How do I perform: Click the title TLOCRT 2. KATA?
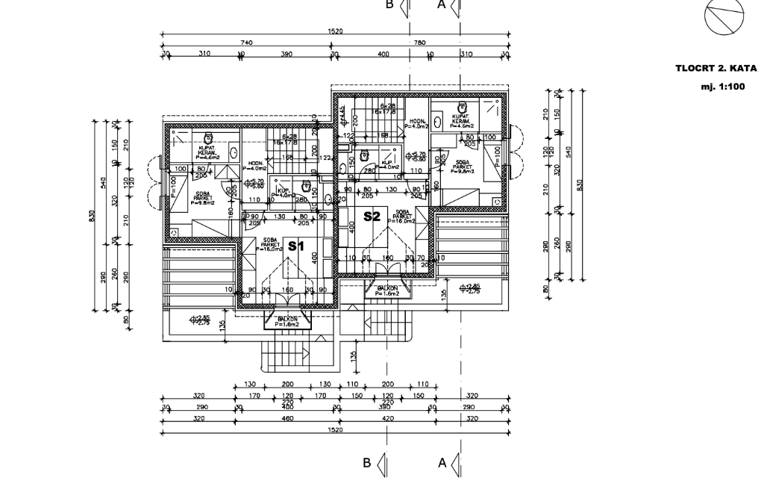(x=716, y=68)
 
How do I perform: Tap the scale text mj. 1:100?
(x=723, y=86)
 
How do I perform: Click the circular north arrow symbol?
(x=722, y=16)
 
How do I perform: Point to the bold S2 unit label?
(x=372, y=217)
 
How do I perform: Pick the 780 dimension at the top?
(x=419, y=43)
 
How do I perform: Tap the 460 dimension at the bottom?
(x=288, y=419)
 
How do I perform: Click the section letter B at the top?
(x=389, y=4)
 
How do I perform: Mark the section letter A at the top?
(x=441, y=4)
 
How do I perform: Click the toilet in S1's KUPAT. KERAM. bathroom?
(x=209, y=137)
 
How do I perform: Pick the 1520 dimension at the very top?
(x=335, y=31)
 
